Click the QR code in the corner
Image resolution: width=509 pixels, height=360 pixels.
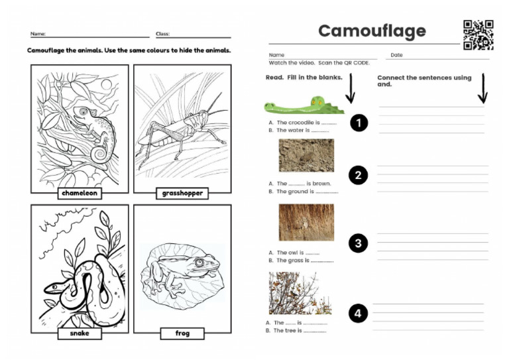point(478,34)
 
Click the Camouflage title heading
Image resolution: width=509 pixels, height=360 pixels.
point(372,31)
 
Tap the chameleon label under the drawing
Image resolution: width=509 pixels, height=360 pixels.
point(80,194)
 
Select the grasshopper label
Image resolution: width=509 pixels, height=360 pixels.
point(182,194)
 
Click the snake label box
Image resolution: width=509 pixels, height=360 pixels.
point(80,333)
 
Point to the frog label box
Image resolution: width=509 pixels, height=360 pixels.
point(182,333)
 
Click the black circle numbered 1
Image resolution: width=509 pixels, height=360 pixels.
point(359,123)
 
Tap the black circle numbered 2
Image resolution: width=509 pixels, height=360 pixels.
point(359,176)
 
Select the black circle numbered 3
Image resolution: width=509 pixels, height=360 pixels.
point(359,243)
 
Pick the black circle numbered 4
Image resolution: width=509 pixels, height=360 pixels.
point(359,314)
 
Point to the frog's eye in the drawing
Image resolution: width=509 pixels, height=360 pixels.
point(198,263)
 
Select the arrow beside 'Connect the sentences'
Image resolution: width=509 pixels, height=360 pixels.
point(482,89)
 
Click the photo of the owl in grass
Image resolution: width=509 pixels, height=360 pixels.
point(306,222)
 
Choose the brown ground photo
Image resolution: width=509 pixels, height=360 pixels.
point(306,155)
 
